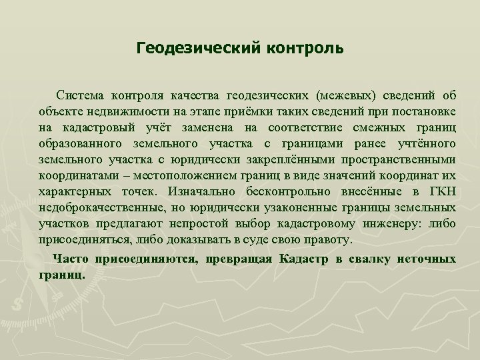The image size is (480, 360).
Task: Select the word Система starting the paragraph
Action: [80, 95]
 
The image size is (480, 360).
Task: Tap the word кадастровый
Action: [99, 127]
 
